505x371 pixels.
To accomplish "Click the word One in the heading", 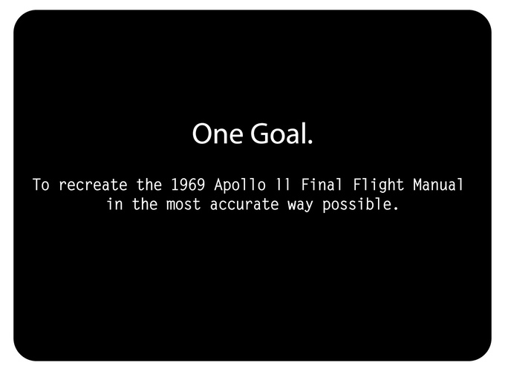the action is click(218, 134).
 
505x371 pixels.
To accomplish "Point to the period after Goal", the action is click(310, 141).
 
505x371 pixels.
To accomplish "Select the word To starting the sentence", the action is click(42, 185).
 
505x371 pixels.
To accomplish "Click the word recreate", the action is click(93, 185).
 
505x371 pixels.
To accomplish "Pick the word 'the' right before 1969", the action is click(149, 185).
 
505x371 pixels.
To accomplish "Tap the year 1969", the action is click(188, 185).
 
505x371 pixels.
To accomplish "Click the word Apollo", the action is click(241, 185).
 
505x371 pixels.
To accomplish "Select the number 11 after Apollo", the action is click(284, 185).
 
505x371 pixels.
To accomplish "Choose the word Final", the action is click(321, 184).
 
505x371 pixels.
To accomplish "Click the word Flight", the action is click(379, 185).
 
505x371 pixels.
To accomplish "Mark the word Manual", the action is click(438, 184).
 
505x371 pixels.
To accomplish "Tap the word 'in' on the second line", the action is click(115, 204).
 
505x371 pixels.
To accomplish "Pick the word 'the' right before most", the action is click(145, 204).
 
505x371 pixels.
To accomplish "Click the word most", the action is click(183, 205).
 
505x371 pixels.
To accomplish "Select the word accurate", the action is click(244, 205).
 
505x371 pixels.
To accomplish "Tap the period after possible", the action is click(396, 209).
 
